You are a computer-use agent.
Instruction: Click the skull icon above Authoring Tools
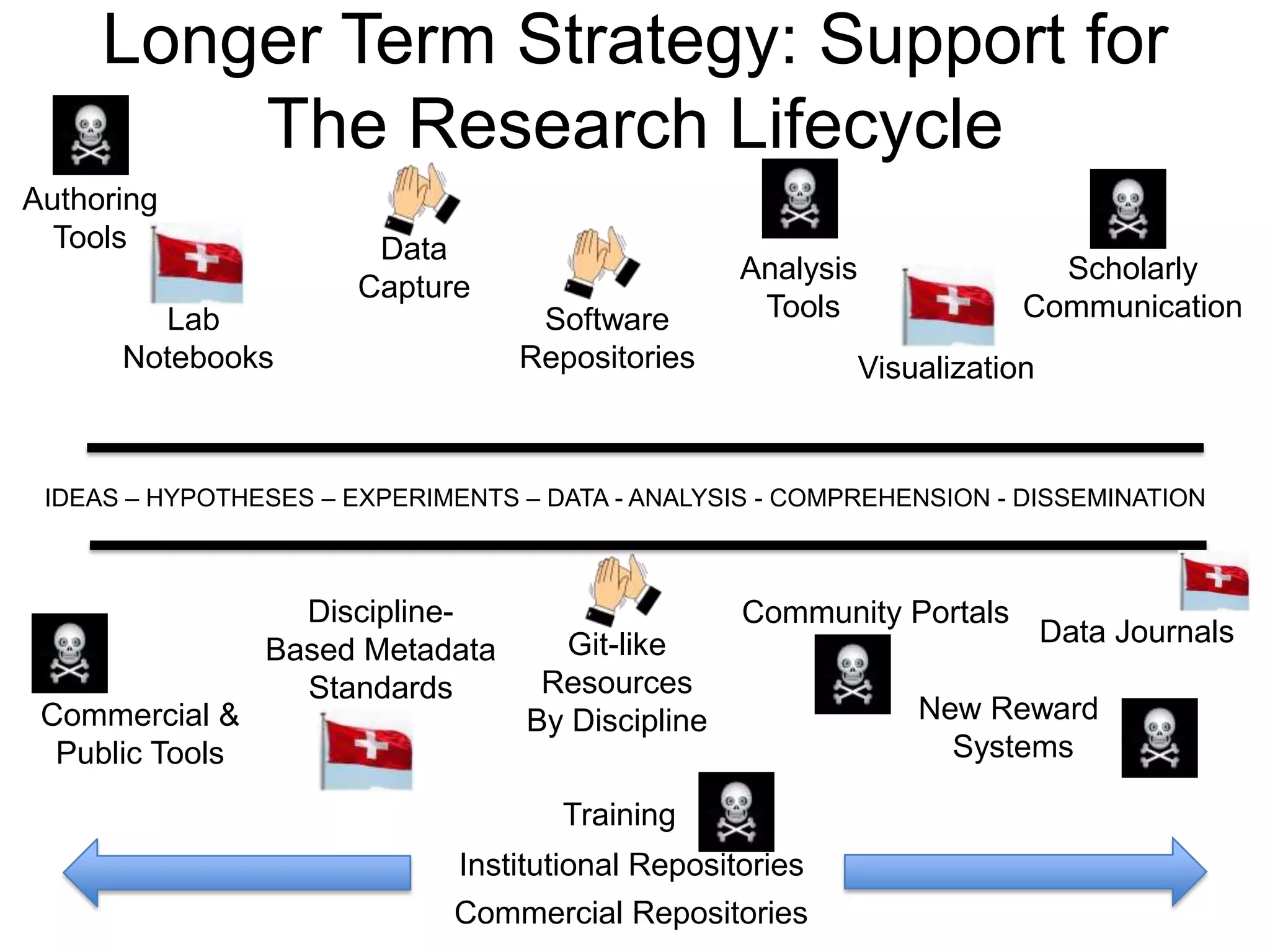[91, 134]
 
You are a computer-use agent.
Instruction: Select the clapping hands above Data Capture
[422, 195]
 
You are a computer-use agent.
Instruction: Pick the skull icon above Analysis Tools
[799, 198]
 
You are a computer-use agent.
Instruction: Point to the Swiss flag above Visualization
[948, 306]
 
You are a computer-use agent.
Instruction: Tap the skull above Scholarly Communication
[1128, 209]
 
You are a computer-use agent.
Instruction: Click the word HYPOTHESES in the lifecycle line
[230, 498]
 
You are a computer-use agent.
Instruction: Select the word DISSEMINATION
[1109, 498]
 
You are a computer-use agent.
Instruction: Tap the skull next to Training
[736, 811]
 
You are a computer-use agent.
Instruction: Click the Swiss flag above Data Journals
[1214, 581]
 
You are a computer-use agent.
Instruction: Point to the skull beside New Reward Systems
[1159, 738]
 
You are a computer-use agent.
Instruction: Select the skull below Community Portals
[852, 674]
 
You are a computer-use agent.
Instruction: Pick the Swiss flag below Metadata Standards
[366, 751]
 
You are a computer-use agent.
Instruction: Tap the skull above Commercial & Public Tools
[69, 653]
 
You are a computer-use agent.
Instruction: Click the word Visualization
[946, 368]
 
